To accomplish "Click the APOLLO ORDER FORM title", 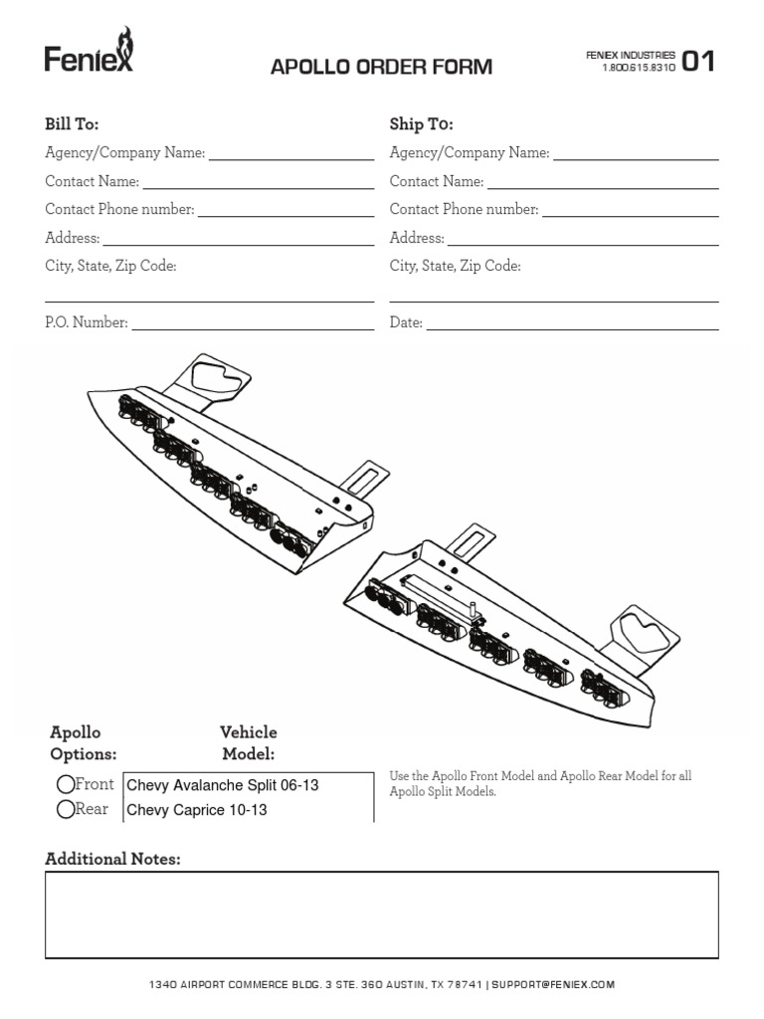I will coord(381,68).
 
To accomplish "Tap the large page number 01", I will coord(697,62).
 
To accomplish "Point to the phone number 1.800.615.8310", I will coord(639,69).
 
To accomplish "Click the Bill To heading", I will coord(72,124).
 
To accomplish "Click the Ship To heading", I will coord(421,124).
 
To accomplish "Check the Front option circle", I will coord(66,785).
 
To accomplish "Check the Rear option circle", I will coord(66,809).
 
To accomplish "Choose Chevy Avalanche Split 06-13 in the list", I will coord(223,785).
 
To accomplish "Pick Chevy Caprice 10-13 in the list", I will coord(197,810).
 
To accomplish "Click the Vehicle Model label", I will coord(248,743).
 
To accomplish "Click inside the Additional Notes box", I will coord(381,915).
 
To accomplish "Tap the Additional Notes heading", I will coord(112,859).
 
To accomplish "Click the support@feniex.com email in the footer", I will coord(553,984).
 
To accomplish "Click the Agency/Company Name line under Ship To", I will coord(635,157).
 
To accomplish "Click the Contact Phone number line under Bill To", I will coord(286,214).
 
